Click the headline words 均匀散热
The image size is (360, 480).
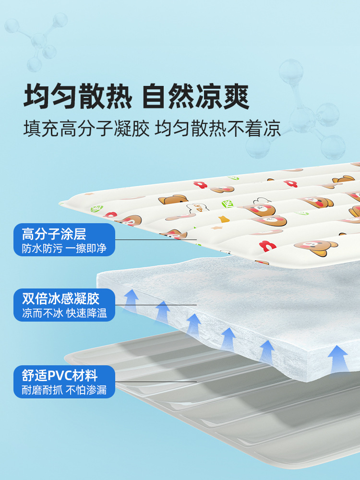coord(77,96)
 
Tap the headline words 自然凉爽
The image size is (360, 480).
coord(196,96)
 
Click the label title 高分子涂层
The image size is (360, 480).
coord(54,234)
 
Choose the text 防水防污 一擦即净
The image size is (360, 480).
coord(64,249)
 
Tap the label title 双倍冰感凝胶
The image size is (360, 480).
coord(60,299)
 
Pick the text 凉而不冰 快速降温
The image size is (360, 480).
coord(64,313)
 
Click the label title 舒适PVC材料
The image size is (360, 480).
coord(60,375)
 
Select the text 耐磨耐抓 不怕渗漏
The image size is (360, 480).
coord(64,390)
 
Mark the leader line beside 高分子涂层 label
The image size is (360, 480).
coord(156,240)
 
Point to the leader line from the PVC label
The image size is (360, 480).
coord(156,382)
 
